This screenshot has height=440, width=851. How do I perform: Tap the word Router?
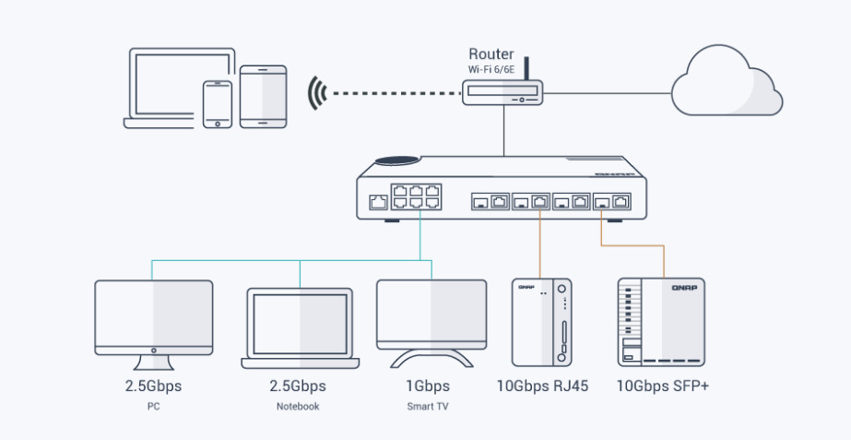[491, 54]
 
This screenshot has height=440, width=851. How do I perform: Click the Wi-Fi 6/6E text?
[492, 69]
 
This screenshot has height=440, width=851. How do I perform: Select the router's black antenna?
[528, 69]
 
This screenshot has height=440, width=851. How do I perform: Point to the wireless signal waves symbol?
[318, 93]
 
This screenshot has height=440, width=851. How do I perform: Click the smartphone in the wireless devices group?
[218, 104]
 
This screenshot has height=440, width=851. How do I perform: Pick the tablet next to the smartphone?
[263, 96]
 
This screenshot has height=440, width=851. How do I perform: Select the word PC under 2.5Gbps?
[153, 407]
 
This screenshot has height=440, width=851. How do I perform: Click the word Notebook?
[298, 407]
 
